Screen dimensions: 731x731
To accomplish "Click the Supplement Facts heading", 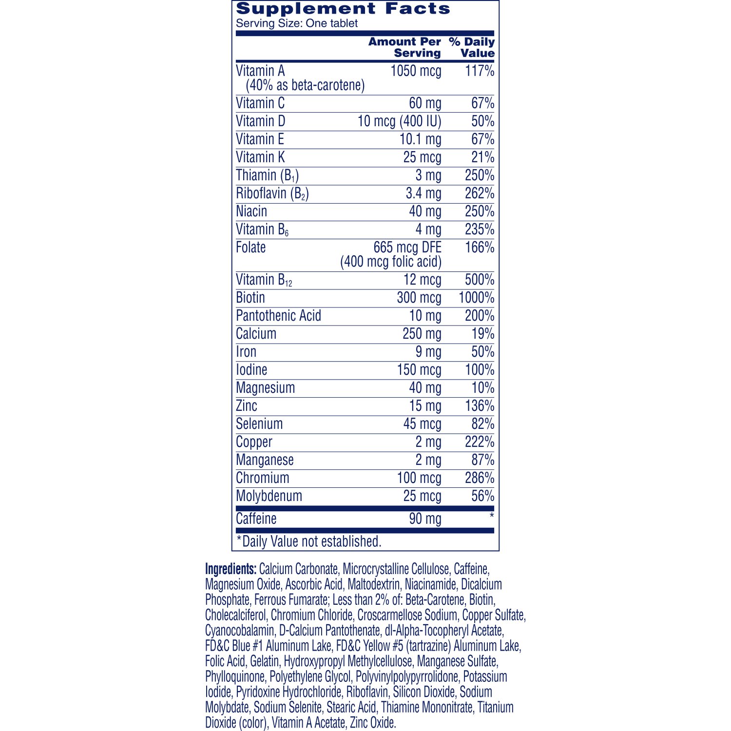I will click(x=343, y=9).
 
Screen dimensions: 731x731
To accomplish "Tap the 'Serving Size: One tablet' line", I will click(x=297, y=23).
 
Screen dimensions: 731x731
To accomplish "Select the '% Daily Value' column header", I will click(x=472, y=47).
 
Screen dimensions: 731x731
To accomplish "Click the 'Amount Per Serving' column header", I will click(x=404, y=47).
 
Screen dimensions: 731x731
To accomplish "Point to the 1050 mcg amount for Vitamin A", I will click(x=416, y=71).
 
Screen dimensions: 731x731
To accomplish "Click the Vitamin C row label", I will click(x=260, y=103).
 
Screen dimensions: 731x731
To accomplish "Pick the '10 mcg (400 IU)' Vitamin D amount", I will click(x=399, y=121).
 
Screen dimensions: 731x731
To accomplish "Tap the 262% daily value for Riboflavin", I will click(x=479, y=193).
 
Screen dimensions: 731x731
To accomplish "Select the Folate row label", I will click(x=251, y=248).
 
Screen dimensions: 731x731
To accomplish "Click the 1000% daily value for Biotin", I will click(x=476, y=298).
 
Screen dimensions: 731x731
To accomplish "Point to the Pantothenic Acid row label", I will click(x=278, y=316).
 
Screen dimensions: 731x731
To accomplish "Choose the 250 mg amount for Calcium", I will click(x=422, y=334).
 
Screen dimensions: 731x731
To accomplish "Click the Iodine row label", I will click(x=251, y=370).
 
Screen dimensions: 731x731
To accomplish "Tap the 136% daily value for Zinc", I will click(x=479, y=406).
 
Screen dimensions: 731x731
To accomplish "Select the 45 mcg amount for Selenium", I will click(x=422, y=424).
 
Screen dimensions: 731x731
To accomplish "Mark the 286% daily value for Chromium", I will click(x=479, y=478).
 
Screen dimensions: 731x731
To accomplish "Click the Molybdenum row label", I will click(x=269, y=496).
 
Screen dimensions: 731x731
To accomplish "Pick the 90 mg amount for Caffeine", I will click(x=425, y=519).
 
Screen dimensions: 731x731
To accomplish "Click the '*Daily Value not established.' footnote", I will click(x=309, y=541).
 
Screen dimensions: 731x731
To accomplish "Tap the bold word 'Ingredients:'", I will click(x=231, y=569).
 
